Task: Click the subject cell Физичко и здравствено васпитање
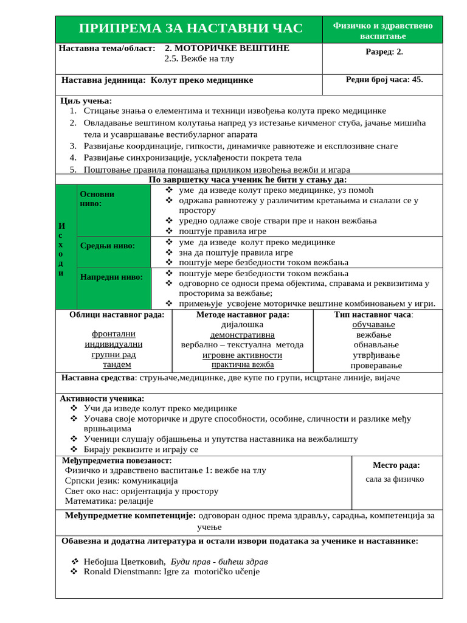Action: point(382,30)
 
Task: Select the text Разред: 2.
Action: point(384,52)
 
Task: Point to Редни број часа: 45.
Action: point(384,79)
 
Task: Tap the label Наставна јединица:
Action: point(103,80)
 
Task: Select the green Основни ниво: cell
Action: point(113,211)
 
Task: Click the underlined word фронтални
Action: point(114,334)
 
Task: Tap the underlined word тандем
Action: point(117,365)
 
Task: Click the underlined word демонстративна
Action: point(242,335)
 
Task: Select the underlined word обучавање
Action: point(373,325)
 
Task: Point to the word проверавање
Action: point(376,366)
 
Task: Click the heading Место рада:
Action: point(396,465)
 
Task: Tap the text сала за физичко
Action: point(395,479)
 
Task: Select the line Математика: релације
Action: point(109,501)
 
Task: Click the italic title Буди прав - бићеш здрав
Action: point(220,562)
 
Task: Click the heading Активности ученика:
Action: point(100,399)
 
